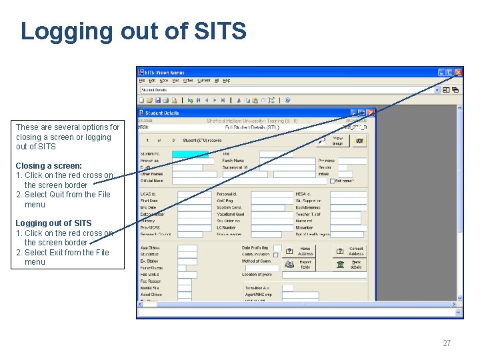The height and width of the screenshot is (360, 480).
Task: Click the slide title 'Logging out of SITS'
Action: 133,31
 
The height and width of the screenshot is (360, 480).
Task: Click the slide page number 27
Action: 447,343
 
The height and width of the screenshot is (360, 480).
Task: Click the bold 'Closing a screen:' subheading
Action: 49,165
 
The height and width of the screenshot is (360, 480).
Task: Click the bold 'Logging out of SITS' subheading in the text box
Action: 53,223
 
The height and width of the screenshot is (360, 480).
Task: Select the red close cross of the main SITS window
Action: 459,72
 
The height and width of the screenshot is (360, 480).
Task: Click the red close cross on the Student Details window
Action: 371,113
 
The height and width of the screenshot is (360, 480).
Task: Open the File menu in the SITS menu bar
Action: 141,81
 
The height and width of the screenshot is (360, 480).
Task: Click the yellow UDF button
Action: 359,141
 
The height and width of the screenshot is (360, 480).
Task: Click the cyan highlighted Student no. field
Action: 190,154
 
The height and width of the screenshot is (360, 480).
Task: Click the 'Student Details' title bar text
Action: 163,113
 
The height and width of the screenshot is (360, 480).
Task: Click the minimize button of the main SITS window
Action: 441,72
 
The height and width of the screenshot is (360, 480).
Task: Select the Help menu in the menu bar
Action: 227,81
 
